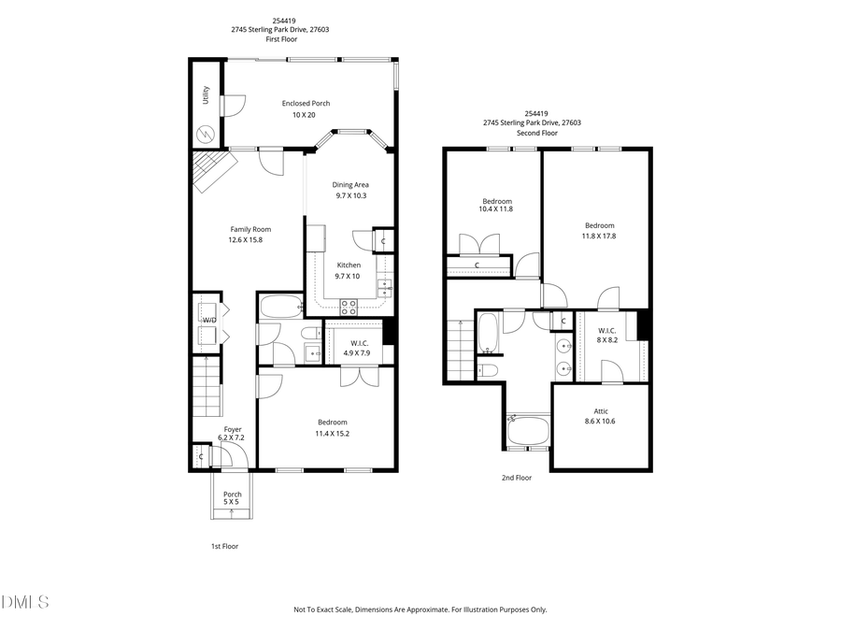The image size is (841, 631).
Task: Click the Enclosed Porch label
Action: (x=306, y=104)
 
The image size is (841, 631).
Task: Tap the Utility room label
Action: (x=206, y=95)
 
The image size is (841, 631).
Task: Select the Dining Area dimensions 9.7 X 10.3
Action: (x=351, y=195)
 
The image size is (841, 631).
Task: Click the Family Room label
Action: (x=250, y=229)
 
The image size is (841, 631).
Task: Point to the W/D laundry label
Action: (x=209, y=321)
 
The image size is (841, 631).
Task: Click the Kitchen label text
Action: (x=349, y=265)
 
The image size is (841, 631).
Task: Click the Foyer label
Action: (x=232, y=429)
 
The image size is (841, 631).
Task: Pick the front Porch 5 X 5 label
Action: (x=232, y=495)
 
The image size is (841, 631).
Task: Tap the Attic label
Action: (x=601, y=410)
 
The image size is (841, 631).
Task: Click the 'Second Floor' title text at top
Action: (x=537, y=133)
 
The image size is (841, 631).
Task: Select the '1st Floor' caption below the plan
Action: (x=223, y=546)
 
